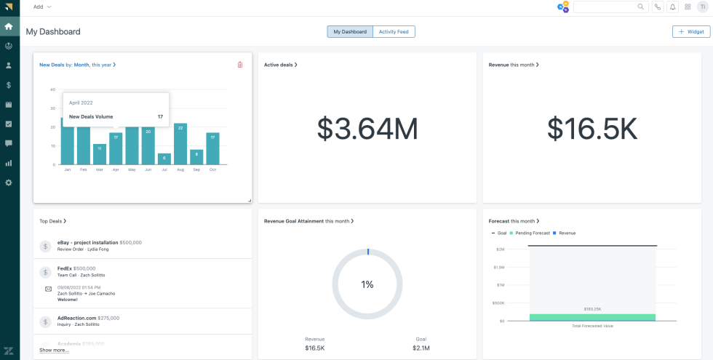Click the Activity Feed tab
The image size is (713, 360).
(x=394, y=32)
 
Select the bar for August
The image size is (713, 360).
(x=180, y=144)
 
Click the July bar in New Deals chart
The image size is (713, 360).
(x=164, y=159)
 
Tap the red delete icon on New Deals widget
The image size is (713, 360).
(x=240, y=65)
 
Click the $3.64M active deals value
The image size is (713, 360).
(x=367, y=129)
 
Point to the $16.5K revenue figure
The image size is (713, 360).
(x=592, y=129)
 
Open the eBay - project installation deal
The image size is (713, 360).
(x=88, y=242)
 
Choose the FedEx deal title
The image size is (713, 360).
(x=64, y=268)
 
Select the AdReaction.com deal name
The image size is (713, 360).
(x=76, y=318)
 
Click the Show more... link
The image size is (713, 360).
(x=55, y=350)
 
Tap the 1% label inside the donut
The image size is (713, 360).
(x=367, y=284)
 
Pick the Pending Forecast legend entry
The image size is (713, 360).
(x=533, y=233)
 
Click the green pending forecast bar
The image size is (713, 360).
(x=592, y=317)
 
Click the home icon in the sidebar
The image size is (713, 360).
(x=9, y=27)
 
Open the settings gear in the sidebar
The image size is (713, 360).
(x=9, y=183)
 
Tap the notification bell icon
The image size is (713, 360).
(x=672, y=7)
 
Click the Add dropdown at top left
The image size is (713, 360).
(x=42, y=7)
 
